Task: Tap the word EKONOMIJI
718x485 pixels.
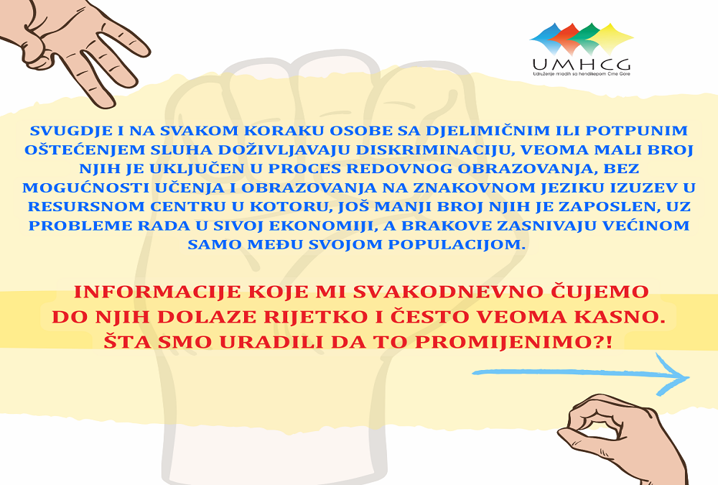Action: tap(322, 226)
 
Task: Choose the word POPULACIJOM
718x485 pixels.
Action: tap(457, 244)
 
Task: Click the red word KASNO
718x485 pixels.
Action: tap(624, 317)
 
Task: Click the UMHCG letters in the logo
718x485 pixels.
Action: tap(581, 64)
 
